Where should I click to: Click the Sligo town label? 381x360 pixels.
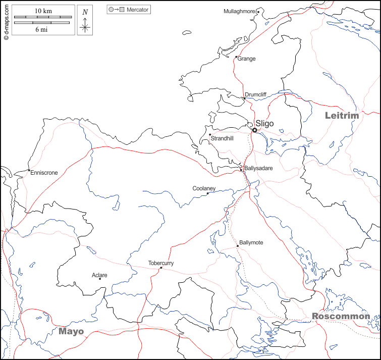pos(264,123)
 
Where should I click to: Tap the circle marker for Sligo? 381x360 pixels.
pos(254,130)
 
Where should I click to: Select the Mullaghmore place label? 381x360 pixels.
pos(240,12)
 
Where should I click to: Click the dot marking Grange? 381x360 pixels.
pos(236,57)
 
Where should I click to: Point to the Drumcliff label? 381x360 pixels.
pos(255,94)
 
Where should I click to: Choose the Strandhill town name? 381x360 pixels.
pos(222,138)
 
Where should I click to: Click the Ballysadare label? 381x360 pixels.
pos(258,168)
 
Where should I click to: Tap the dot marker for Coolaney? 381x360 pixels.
pos(207,193)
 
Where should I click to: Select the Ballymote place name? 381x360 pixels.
pos(251,243)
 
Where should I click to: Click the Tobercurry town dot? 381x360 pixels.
pos(160,268)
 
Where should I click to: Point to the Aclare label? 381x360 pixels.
pos(99,275)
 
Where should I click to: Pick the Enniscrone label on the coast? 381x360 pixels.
pos(44,173)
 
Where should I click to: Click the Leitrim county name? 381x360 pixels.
pos(342,116)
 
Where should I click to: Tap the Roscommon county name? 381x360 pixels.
pos(341,317)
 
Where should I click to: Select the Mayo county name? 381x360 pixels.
pos(71,331)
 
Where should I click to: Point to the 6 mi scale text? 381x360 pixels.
pos(41,30)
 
